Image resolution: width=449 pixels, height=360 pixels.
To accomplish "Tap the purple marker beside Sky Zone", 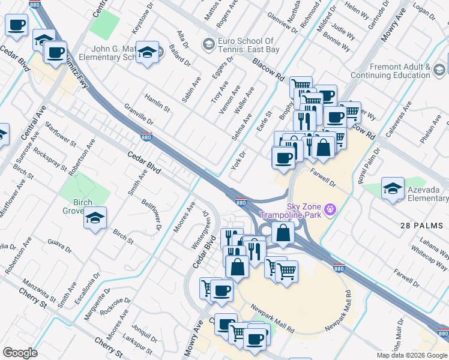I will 329,209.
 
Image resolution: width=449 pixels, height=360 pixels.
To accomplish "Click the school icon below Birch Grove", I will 95,218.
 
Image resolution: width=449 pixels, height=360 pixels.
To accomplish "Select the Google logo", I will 20,353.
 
